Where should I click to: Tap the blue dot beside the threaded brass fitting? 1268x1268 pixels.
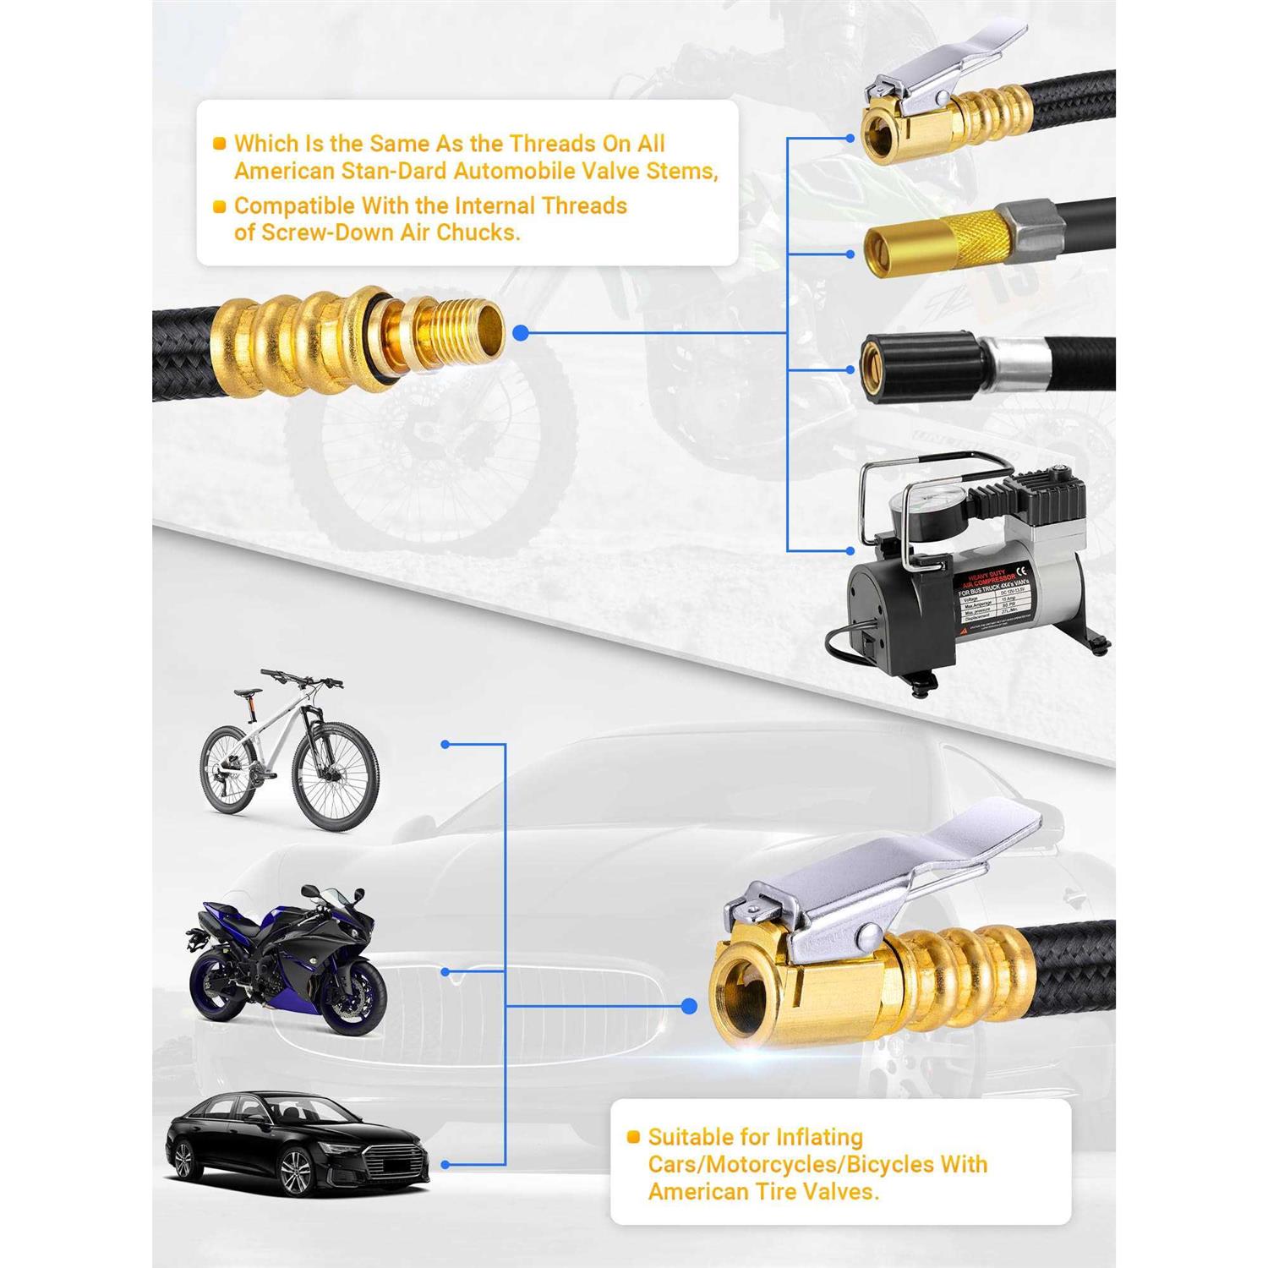521,333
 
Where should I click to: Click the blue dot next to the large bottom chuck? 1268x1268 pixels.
689,1006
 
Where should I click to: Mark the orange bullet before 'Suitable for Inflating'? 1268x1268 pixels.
633,1138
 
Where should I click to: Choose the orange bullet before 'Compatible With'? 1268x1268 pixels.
219,205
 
